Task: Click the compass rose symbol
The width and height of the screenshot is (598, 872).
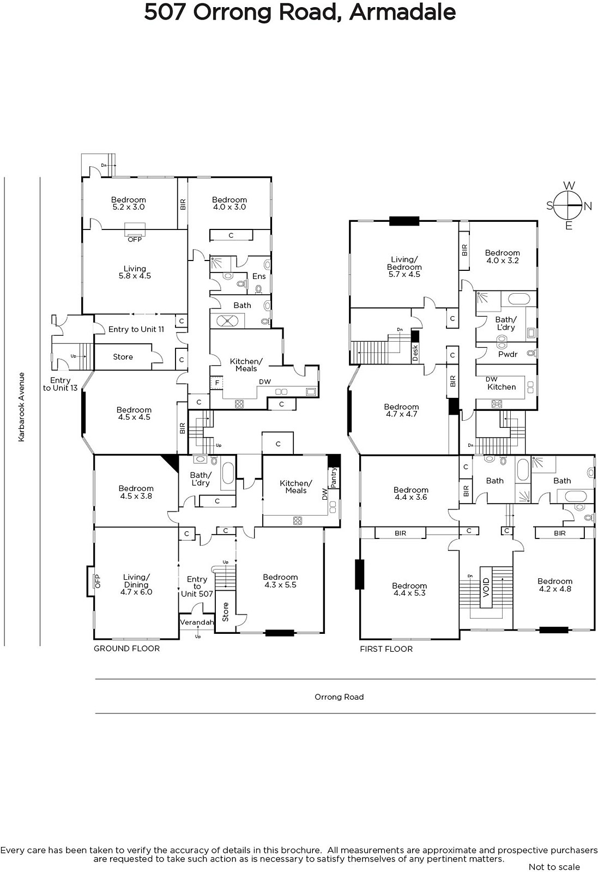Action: coord(569,205)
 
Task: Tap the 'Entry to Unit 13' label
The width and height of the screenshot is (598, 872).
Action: coord(61,384)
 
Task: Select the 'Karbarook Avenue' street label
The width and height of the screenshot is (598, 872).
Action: coord(21,407)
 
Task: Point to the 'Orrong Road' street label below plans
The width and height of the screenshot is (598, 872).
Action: coord(339,697)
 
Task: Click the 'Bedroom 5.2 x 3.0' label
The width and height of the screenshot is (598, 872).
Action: coord(129,203)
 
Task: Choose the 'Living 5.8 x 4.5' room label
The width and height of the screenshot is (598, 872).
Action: coord(135,272)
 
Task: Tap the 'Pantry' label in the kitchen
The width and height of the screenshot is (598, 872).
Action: coord(334,477)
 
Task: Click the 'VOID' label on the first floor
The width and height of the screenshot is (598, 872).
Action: coord(486,588)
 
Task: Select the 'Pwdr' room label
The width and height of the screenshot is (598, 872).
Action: coord(508,354)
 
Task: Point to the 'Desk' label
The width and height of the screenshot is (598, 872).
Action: coord(415,353)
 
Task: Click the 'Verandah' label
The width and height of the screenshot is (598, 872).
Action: coord(197,622)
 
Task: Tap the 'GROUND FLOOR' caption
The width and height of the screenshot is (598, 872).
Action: coord(127,649)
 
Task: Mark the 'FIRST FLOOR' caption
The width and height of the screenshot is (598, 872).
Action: coord(386,649)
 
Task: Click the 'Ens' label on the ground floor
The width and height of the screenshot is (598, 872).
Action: coord(259,276)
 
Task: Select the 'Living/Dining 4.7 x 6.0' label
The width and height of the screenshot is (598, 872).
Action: coord(136,584)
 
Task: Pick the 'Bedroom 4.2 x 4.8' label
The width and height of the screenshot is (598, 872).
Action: coord(555,585)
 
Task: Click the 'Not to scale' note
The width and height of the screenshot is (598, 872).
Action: coord(554,867)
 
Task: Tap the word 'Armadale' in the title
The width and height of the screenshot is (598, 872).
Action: coord(402,12)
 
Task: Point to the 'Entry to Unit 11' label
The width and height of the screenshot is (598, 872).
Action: coord(136,329)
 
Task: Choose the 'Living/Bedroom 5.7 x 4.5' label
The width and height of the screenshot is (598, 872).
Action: coord(404,267)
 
